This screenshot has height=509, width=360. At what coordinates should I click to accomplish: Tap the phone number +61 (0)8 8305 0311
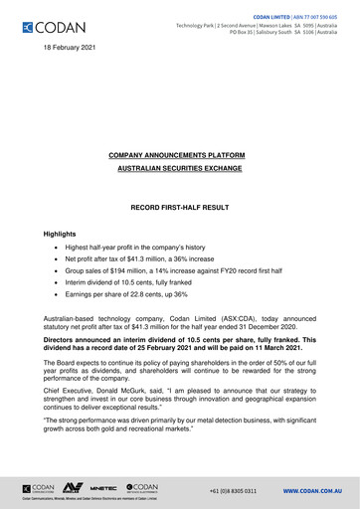click(233, 490)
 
